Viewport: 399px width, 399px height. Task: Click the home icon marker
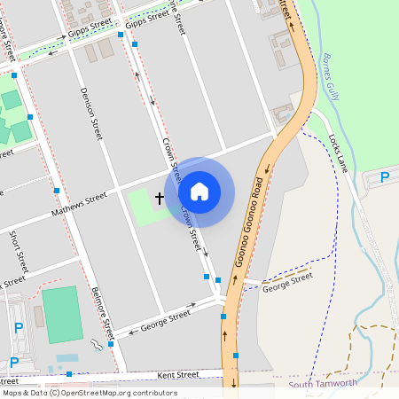pos(199,192)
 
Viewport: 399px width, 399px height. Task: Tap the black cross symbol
pos(160,198)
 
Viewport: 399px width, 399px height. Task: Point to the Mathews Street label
pos(79,205)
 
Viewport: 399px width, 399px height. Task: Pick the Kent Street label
pos(178,376)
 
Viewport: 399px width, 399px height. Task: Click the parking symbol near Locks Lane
pos(384,177)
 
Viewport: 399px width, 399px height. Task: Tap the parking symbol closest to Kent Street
pos(14,361)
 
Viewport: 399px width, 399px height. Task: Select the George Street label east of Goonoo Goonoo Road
pos(288,280)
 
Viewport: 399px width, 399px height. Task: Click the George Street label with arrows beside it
pos(167,318)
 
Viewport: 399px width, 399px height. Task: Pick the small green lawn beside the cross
pos(142,207)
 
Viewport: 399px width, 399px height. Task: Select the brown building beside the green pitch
pos(39,316)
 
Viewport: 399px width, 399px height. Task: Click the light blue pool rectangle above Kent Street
pos(66,358)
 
